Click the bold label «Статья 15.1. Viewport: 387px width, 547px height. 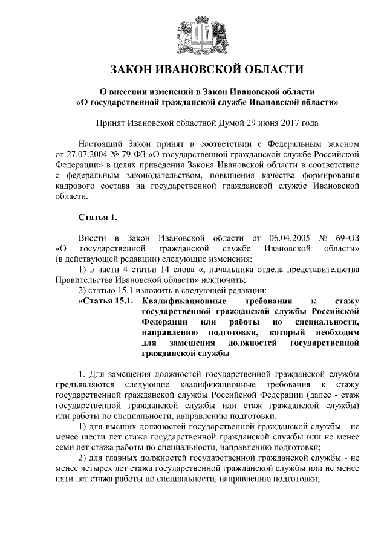point(105,300)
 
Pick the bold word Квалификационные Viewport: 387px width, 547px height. point(184,300)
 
